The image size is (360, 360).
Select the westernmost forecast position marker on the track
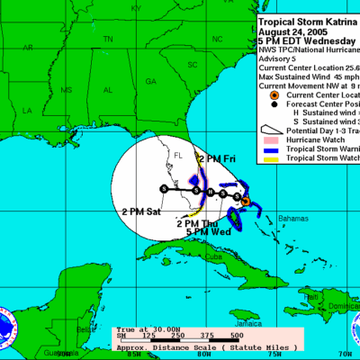click(163, 188)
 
